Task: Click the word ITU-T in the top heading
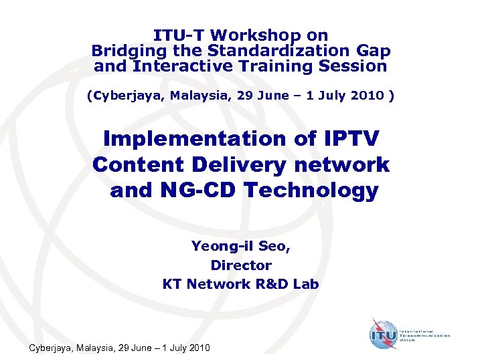[176, 35]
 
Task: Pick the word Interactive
[177, 66]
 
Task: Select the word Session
[353, 66]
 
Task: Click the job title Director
[241, 265]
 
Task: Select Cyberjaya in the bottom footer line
[50, 348]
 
